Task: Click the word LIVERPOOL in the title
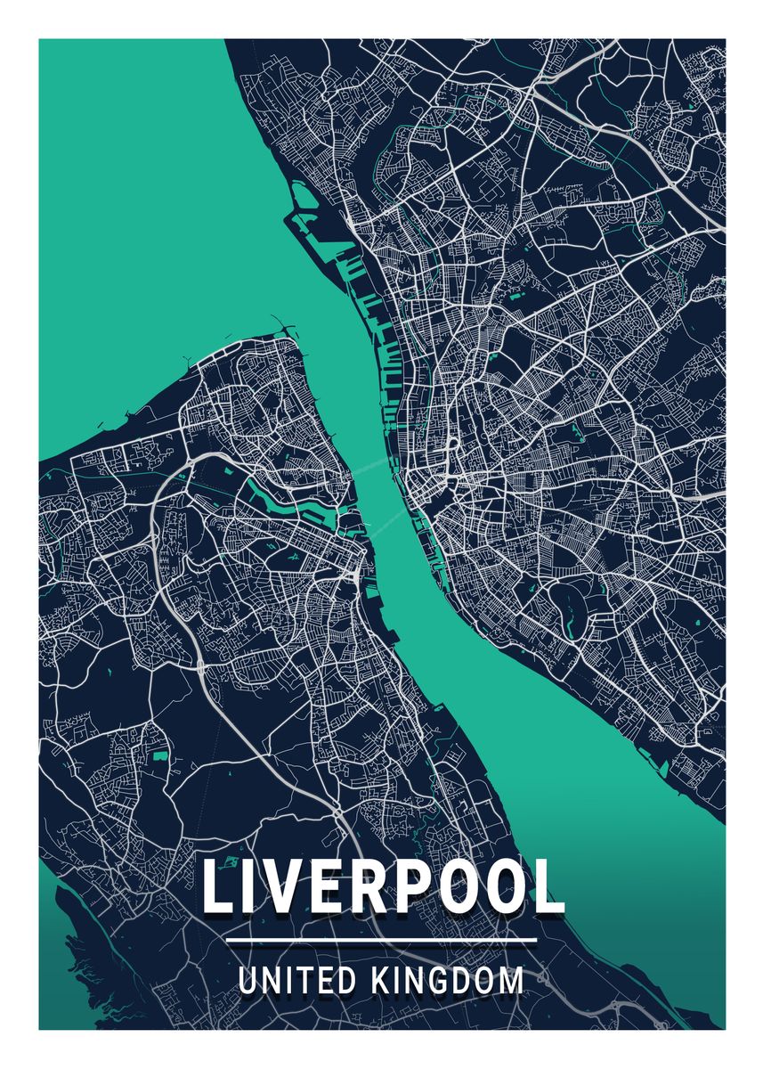click(x=383, y=887)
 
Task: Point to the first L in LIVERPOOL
click(x=219, y=887)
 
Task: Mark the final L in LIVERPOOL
click(x=549, y=887)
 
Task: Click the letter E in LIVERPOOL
click(x=328, y=887)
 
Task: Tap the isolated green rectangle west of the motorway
click(x=160, y=756)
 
